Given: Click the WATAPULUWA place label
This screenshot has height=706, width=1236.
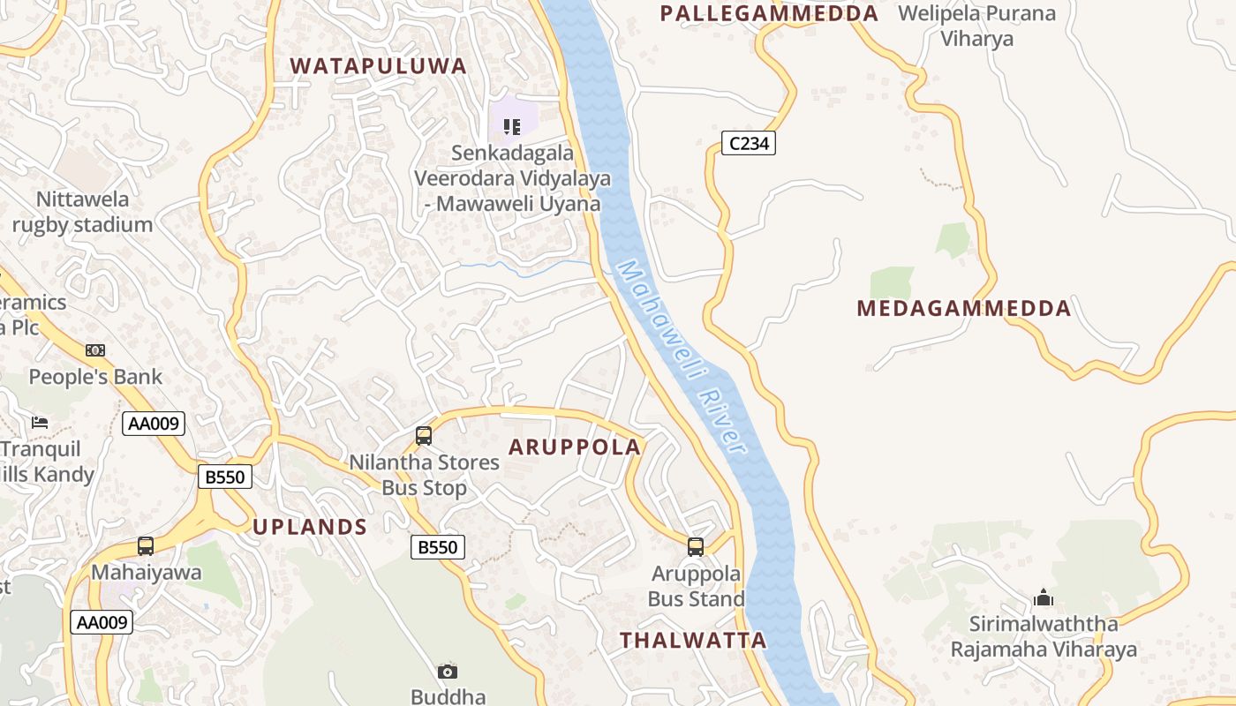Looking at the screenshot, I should pos(378,66).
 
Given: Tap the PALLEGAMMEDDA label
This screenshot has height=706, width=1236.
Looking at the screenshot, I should pos(769,13).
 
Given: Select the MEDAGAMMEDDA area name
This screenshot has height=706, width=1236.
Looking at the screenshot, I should pos(964,309).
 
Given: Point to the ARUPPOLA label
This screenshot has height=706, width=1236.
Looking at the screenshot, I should pos(575,447).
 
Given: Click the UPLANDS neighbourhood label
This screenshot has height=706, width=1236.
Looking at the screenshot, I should pos(310,527).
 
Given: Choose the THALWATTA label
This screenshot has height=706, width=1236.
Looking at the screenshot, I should pos(693,641).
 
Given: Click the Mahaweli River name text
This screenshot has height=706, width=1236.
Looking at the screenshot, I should pos(682,357).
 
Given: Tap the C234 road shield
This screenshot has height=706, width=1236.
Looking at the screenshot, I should pos(749,143).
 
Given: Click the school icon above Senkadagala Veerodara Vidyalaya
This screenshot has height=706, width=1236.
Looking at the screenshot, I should pos(511,127).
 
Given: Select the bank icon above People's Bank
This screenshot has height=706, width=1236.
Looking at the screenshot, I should pos(95,350).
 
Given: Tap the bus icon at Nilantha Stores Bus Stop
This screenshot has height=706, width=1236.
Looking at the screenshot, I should pos(424,435).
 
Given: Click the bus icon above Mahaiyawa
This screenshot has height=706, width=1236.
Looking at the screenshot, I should pos(146,546).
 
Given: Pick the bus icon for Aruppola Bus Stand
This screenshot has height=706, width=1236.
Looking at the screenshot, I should pos(696,547).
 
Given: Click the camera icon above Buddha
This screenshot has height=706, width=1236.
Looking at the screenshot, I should pos(448,672).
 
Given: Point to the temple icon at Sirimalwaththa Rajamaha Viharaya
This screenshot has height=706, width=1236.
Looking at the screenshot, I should pos(1044,598).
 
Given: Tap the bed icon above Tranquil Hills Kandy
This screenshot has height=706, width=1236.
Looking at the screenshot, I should pos(40,422).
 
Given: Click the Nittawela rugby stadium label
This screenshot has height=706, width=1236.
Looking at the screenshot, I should pos(82,212).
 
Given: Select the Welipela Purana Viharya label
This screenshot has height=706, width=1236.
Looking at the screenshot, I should pos(976,26).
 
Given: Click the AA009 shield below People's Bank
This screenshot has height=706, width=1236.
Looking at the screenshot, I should pos(154,424).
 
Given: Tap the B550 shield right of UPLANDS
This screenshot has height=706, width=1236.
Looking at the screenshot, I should pos(438,547).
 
